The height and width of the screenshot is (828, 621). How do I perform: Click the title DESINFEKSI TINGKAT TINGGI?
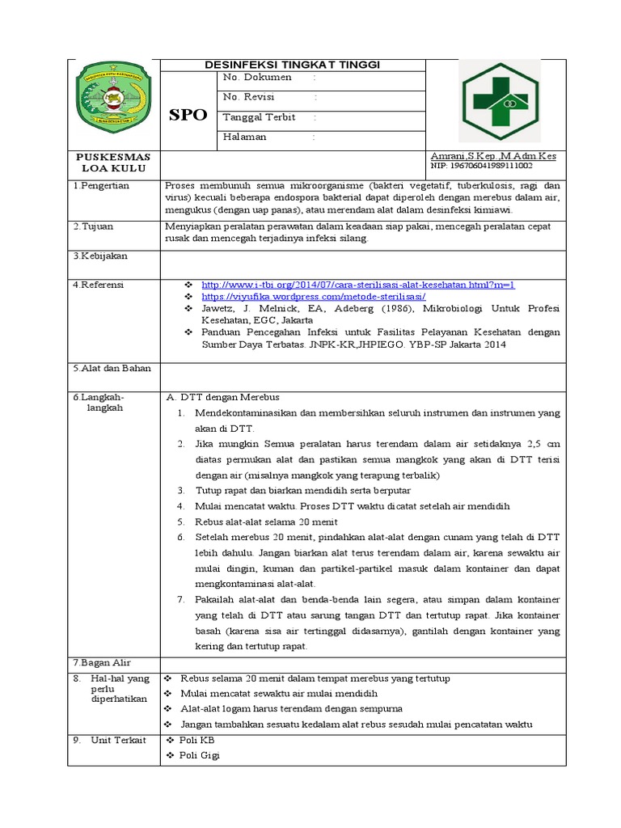(x=293, y=65)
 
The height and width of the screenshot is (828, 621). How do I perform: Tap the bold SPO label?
(x=188, y=115)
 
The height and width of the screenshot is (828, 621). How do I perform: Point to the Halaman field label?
(x=244, y=137)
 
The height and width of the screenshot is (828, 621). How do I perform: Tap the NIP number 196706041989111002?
(x=482, y=166)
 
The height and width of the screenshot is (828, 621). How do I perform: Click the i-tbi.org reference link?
(x=357, y=285)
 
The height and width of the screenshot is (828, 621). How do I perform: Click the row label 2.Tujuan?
(x=95, y=227)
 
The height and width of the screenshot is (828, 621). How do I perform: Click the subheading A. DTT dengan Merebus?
(x=222, y=397)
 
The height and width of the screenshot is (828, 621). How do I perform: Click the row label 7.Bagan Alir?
(x=103, y=662)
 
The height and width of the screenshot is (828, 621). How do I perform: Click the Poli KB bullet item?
(x=196, y=740)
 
